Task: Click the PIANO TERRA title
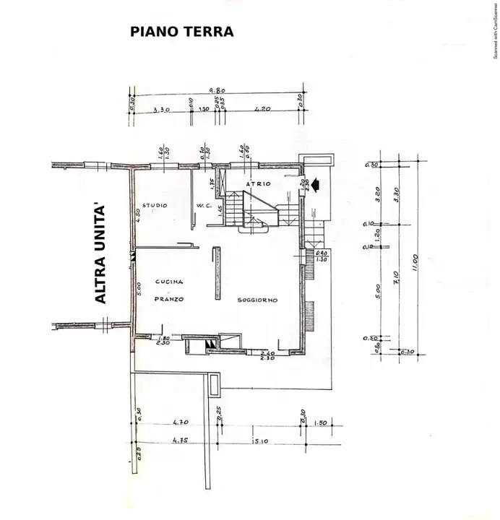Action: click(x=181, y=32)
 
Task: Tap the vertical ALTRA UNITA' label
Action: click(x=101, y=253)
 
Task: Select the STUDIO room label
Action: click(x=154, y=206)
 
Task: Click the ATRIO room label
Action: click(x=258, y=184)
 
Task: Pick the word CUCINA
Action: click(x=169, y=282)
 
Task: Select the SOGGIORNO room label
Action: click(x=258, y=300)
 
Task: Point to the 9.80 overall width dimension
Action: click(x=217, y=90)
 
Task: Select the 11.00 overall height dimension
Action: click(x=415, y=258)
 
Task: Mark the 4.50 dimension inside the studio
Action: click(x=138, y=216)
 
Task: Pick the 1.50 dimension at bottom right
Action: click(x=322, y=422)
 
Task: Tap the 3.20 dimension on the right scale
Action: click(x=377, y=195)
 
